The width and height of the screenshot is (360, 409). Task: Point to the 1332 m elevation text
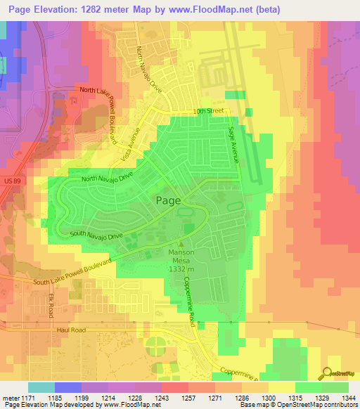[x=181, y=268]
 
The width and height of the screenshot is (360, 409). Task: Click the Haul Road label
[x=71, y=328]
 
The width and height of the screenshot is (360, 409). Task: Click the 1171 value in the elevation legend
[x=27, y=397]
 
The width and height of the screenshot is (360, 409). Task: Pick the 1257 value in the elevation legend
[x=188, y=397]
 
